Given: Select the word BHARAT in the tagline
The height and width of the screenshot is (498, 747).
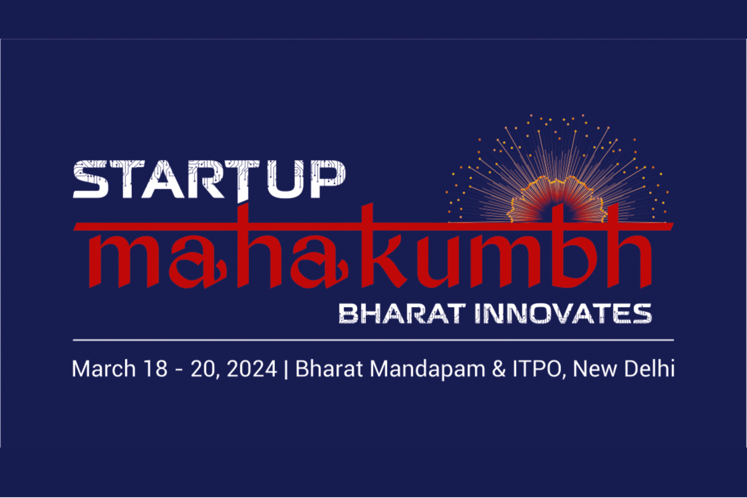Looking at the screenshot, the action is pos(402,314).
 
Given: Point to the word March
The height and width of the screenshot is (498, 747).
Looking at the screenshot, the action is pos(104,369).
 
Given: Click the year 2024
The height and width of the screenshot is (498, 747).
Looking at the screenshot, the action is pos(252,369).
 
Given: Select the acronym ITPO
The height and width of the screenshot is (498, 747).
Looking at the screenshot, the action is pos(537,369).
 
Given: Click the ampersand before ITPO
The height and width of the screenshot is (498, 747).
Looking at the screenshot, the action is pos(499,369).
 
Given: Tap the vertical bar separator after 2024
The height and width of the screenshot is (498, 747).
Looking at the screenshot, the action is pos(286,369).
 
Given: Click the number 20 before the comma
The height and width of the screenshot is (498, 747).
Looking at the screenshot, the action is pos(203,369).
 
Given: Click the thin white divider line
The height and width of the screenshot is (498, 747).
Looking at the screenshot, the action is pos(373,340).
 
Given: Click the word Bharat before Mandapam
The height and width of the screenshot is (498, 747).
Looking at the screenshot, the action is pos(329,369).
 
